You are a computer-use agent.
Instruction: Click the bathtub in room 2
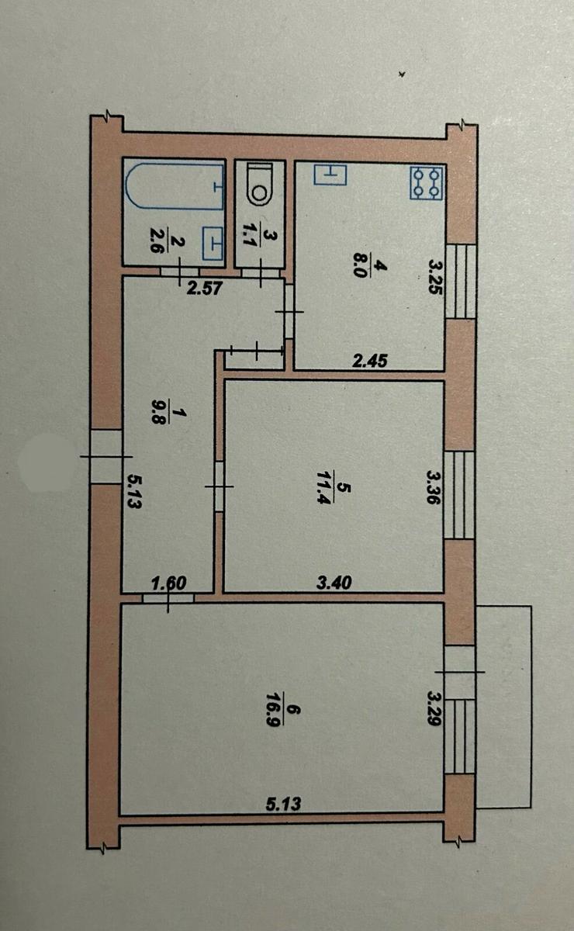175,187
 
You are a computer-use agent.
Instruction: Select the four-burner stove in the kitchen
426,182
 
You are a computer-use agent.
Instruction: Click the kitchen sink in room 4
330,174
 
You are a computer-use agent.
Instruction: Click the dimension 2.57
206,288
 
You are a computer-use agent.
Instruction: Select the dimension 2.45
370,361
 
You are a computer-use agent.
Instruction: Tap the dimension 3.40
334,583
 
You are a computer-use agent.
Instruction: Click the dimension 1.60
169,583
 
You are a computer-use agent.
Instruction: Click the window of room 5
460,495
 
